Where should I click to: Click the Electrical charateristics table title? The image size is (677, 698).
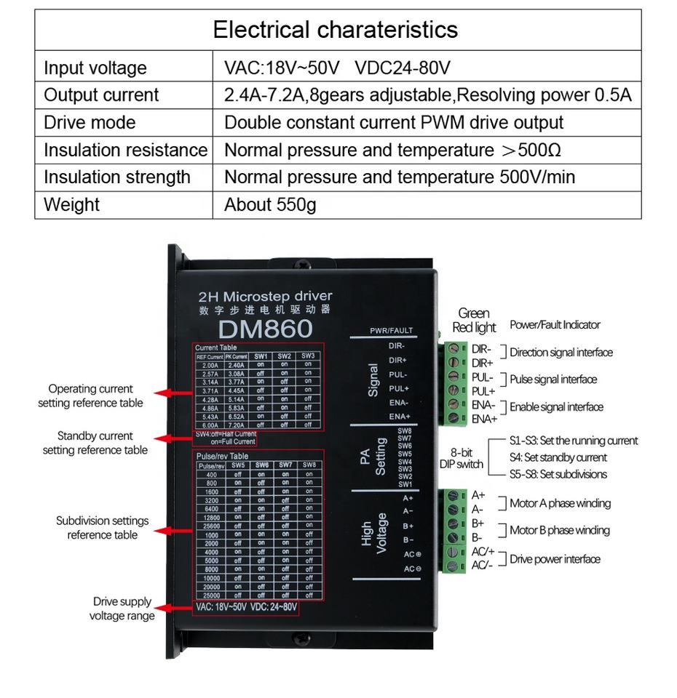point(336,30)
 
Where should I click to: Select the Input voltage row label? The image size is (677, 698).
point(95,68)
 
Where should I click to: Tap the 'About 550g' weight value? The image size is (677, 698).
point(270,205)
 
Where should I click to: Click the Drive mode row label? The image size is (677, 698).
point(90,122)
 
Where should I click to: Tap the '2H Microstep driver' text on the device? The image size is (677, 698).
point(265,296)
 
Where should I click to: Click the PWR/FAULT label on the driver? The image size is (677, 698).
point(391,331)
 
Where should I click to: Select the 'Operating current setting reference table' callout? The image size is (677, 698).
point(90,396)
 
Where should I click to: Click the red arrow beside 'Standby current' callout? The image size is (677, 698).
point(173,438)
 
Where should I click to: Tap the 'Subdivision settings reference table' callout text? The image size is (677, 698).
point(102,528)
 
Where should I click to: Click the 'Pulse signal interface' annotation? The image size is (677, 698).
point(553,380)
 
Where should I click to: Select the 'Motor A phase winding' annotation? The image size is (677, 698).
point(560,503)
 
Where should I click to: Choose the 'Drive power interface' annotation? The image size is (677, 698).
point(555,559)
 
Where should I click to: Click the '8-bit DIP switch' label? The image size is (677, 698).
point(461,458)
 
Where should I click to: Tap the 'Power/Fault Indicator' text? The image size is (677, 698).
point(555,325)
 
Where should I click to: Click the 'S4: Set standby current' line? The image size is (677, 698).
point(558,457)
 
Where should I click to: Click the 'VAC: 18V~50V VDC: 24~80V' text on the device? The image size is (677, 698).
point(246,606)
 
